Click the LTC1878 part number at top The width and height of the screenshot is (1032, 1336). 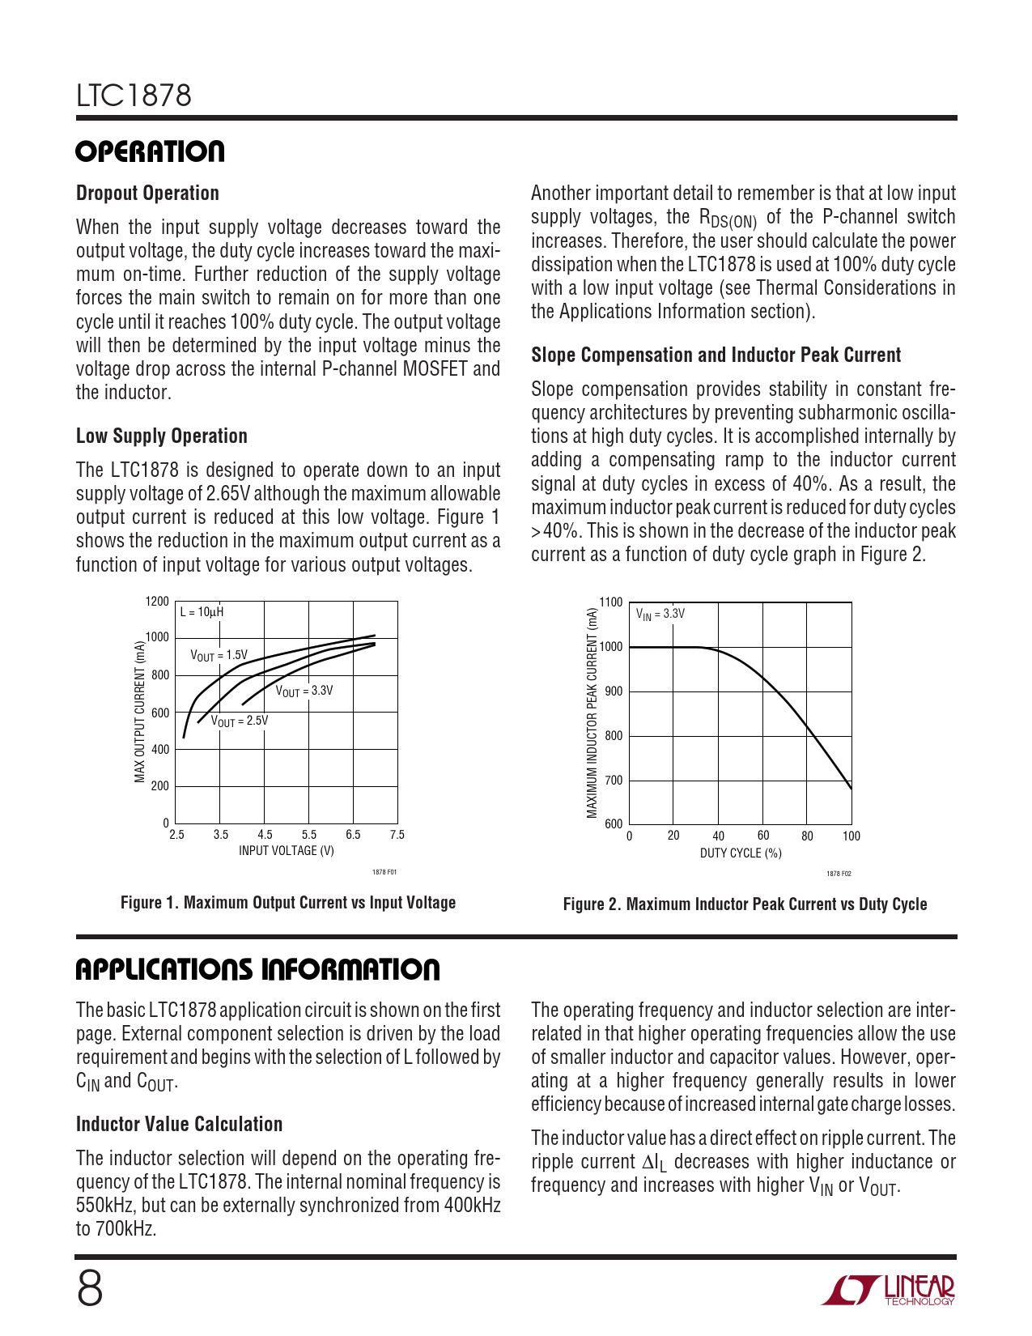(134, 96)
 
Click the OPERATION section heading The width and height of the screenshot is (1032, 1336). (151, 152)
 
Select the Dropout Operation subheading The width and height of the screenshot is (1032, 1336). (147, 194)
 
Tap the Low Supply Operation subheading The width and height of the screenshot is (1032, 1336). (161, 436)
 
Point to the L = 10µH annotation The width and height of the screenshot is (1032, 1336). (202, 612)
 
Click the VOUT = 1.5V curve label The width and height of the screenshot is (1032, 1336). (219, 655)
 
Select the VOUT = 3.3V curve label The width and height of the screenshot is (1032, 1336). (304, 691)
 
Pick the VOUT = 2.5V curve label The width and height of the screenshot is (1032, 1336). (240, 721)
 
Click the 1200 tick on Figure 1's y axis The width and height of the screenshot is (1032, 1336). (157, 602)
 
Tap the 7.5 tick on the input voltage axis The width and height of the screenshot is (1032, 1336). (397, 835)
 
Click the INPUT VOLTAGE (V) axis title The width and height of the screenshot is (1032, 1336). (287, 851)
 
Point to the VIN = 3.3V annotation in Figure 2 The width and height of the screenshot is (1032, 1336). (660, 615)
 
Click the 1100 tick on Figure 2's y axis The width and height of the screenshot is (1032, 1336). (611, 602)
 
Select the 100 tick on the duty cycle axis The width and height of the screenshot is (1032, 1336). (851, 836)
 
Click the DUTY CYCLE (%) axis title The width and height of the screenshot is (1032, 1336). (741, 853)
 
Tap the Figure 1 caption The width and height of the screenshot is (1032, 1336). (288, 903)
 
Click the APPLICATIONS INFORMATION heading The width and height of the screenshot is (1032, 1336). (257, 970)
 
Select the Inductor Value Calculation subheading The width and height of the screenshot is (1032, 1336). (179, 1125)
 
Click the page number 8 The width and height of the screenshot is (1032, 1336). (90, 1289)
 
